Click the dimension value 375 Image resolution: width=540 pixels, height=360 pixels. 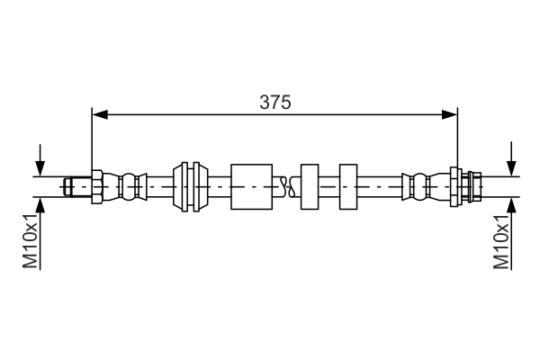(x=275, y=103)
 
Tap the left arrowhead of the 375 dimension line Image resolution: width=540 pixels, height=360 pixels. (x=100, y=114)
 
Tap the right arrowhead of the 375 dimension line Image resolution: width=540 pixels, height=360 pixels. (x=450, y=114)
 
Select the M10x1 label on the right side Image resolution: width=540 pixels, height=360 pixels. (x=501, y=240)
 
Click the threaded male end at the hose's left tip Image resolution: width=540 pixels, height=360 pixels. (x=76, y=186)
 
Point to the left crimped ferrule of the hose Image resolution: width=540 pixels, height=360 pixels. (x=127, y=186)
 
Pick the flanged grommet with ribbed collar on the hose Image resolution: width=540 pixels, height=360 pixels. (x=191, y=186)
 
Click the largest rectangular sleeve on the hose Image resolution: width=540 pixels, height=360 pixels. (x=251, y=186)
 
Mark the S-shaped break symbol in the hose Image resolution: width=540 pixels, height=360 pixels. (x=286, y=186)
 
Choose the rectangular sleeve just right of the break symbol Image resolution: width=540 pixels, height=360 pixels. (x=310, y=186)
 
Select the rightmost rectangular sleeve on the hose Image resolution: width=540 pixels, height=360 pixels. (x=349, y=186)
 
